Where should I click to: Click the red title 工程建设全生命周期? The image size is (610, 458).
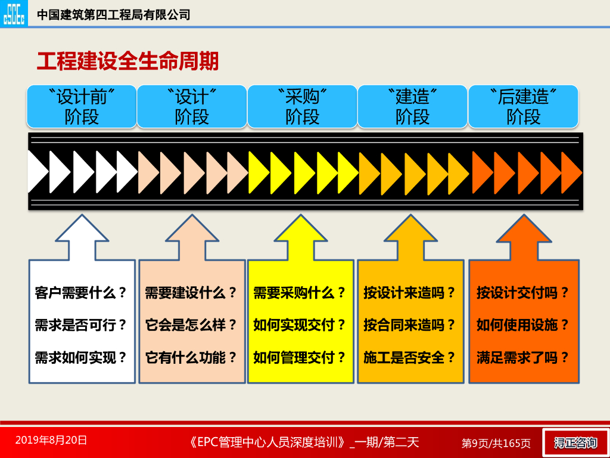(x=127, y=61)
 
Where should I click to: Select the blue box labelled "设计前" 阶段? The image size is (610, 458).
(x=81, y=106)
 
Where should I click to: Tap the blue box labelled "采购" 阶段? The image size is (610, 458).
(x=302, y=106)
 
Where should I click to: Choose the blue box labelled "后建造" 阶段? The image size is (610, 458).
(x=523, y=106)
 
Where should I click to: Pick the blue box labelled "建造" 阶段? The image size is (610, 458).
(x=412, y=106)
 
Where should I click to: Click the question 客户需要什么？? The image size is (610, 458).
(x=82, y=293)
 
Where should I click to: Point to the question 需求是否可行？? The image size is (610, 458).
(x=82, y=325)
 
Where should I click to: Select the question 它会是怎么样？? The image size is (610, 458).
(x=191, y=325)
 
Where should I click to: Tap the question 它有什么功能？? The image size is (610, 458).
(x=191, y=357)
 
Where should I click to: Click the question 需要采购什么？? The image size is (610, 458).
(x=300, y=293)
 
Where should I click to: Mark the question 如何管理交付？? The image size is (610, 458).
(x=300, y=357)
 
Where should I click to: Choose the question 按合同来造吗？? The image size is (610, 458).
(x=410, y=325)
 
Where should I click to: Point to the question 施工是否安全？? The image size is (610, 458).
(x=410, y=357)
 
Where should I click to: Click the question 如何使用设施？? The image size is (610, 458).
(x=523, y=325)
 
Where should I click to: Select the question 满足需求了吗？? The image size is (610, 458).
(x=523, y=357)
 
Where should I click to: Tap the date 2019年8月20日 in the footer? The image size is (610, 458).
(x=51, y=441)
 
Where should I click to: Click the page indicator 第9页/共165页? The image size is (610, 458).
(x=496, y=443)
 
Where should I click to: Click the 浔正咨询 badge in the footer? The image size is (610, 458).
(x=575, y=442)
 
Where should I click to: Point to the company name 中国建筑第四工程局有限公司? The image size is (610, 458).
(x=114, y=15)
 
